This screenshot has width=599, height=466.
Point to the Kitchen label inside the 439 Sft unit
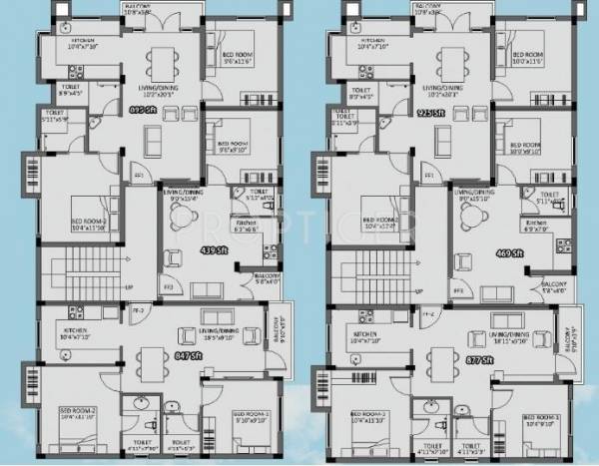(246, 223)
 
